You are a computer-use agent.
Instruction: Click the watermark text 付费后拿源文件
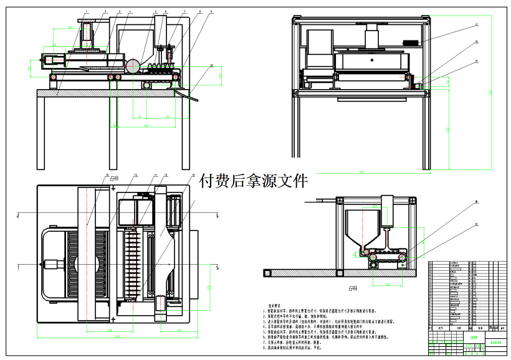(253, 181)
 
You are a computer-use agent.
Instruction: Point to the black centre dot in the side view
(371, 60)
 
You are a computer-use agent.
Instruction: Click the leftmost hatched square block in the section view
(267, 273)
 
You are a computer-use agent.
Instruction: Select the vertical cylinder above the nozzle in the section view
(388, 212)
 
